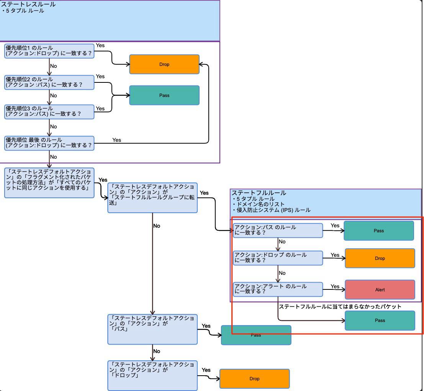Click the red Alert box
coord(380,290)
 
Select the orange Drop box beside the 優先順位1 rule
coord(164,64)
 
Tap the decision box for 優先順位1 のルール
coord(49,51)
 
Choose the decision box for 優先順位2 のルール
coord(49,82)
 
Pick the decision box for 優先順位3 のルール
coord(49,112)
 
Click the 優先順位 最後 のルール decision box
coord(49,143)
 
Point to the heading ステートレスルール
coord(28,5)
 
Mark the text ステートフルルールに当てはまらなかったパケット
coord(340,307)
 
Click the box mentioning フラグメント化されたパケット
coord(49,182)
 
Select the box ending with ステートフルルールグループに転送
coord(152,197)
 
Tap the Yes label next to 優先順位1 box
coord(100,45)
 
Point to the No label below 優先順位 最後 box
coord(54,157)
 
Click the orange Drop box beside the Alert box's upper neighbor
coord(380,258)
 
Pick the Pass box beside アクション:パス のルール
coord(379,231)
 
